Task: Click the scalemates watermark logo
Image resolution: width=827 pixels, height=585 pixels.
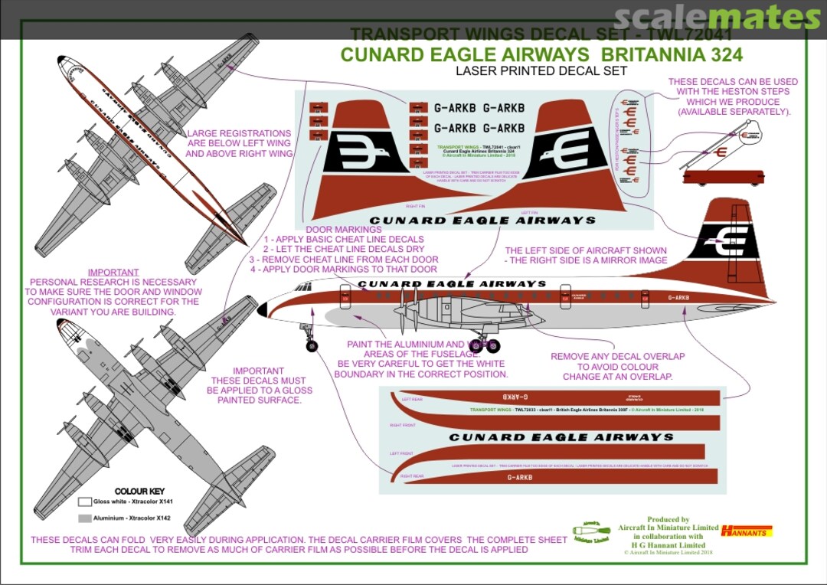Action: coord(717,18)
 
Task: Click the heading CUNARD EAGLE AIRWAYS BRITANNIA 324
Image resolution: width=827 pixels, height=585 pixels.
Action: coord(541,55)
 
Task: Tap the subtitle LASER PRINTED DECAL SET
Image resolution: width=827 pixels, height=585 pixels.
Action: coord(541,71)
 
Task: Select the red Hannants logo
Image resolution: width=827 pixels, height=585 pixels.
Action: coord(747,530)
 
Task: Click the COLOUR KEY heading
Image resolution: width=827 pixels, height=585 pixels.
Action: coord(139,491)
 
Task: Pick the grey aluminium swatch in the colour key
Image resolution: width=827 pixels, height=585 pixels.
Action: coord(84,518)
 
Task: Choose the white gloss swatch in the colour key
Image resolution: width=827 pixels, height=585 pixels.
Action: coord(84,502)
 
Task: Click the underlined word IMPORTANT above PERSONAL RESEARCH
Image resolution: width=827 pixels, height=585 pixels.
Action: coord(113,272)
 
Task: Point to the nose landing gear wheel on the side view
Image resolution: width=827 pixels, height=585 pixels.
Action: coord(312,346)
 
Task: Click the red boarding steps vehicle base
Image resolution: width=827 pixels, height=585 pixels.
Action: coord(723,178)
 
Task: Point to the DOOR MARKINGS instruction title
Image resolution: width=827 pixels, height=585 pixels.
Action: coord(343,229)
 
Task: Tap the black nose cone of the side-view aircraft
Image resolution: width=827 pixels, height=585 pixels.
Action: coord(262,310)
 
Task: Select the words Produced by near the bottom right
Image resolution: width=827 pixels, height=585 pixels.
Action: coord(668,519)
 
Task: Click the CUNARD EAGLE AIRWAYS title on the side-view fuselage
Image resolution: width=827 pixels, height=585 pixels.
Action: coord(452,284)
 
